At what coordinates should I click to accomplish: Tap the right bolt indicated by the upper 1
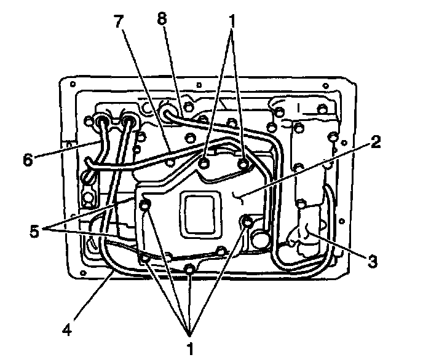pyautogui.click(x=244, y=164)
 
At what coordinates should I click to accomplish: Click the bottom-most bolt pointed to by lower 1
pyautogui.click(x=190, y=268)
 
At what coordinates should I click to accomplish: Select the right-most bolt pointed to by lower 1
pyautogui.click(x=248, y=221)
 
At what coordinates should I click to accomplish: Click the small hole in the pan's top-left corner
pyautogui.click(x=73, y=84)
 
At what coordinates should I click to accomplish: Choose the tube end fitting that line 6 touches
pyautogui.click(x=102, y=122)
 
